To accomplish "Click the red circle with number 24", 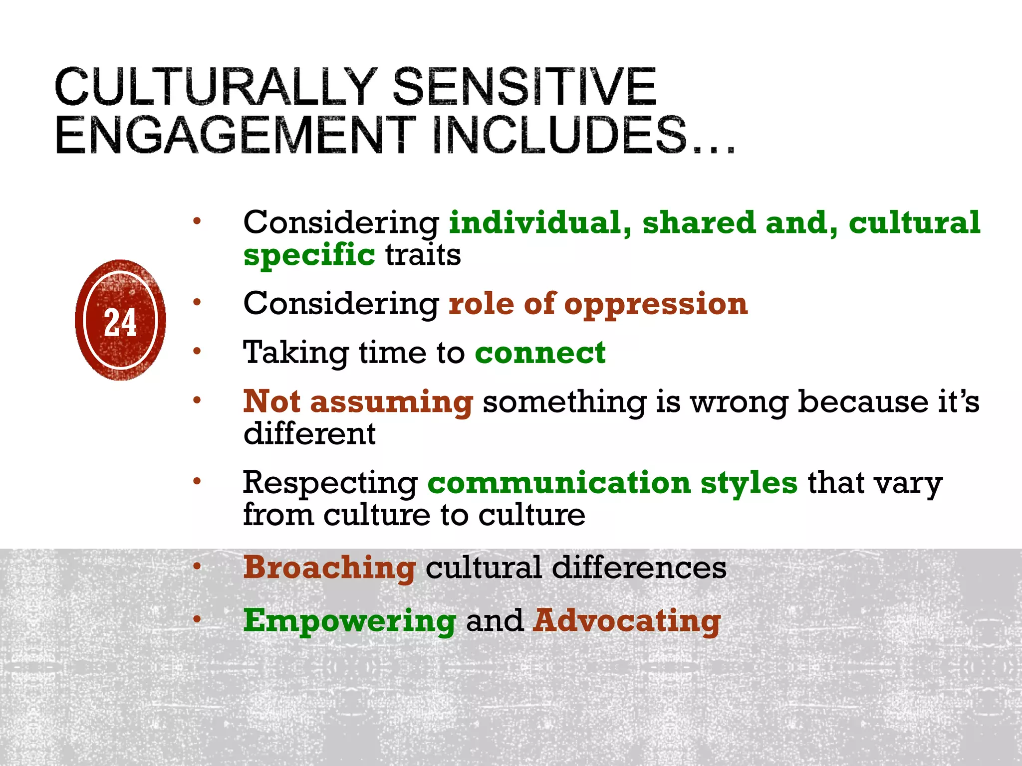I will (x=120, y=320).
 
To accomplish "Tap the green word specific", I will (x=309, y=255).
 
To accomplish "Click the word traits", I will (x=423, y=255).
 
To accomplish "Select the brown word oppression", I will (x=656, y=304).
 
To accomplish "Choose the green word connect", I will (x=540, y=353).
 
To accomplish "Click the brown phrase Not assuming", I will (x=358, y=402).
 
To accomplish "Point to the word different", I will (x=309, y=433).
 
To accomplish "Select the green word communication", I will (x=559, y=483).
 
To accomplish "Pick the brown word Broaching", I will (x=329, y=568).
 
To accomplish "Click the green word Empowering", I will (x=350, y=621).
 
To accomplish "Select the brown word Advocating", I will (x=627, y=621).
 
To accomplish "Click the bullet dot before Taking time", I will (x=197, y=351).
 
